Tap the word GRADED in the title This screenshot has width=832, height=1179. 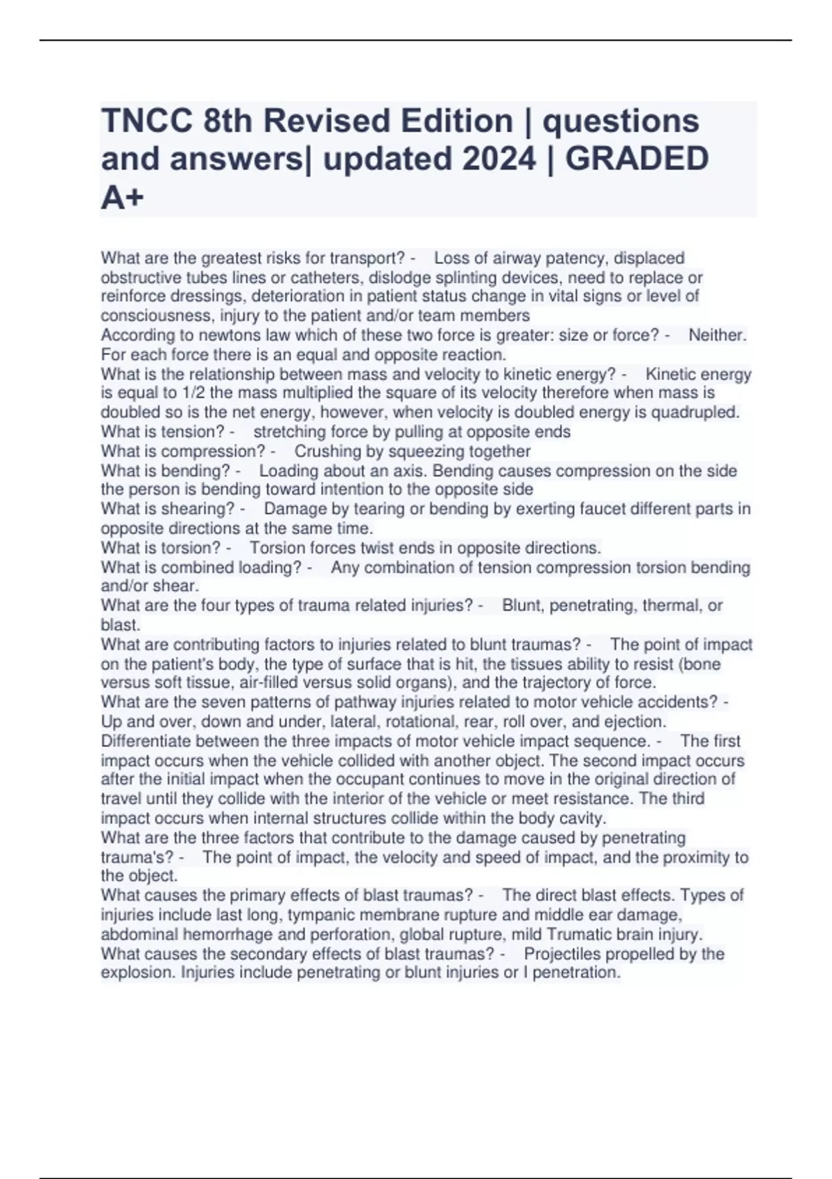click(636, 159)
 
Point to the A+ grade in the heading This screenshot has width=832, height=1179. click(123, 198)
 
